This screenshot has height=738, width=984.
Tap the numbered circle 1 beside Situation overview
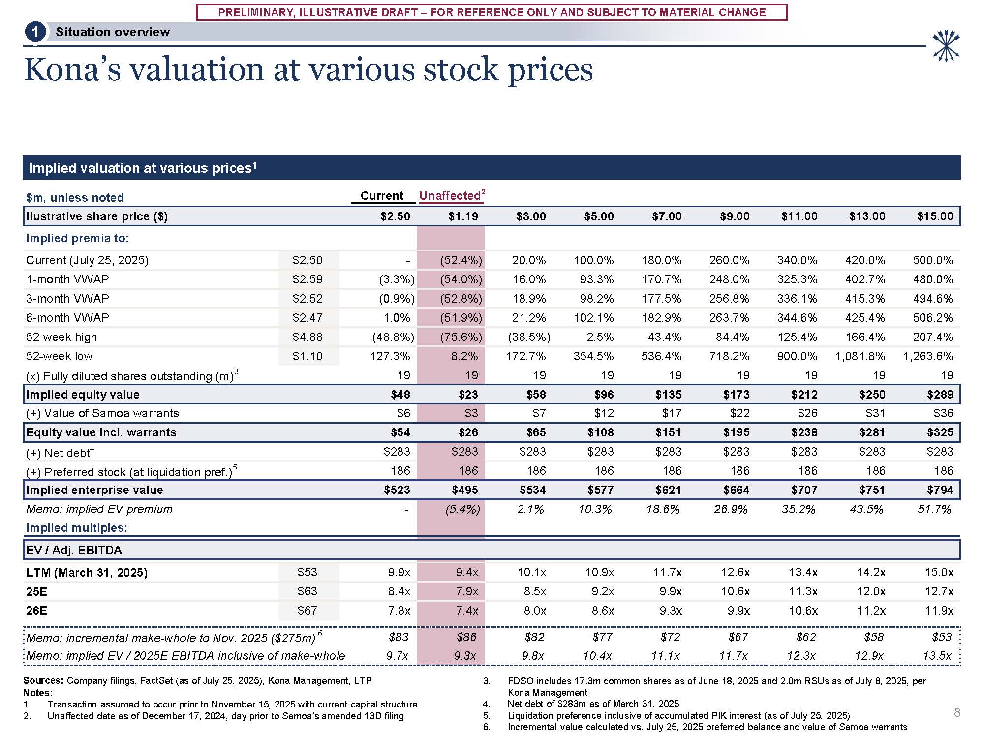pyautogui.click(x=35, y=32)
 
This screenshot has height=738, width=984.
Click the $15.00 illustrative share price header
pyautogui.click(x=935, y=216)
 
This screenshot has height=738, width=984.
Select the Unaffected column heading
pyautogui.click(x=450, y=196)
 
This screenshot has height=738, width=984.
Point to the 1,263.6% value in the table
pyautogui.click(x=928, y=356)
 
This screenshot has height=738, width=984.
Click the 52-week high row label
pyautogui.click(x=61, y=337)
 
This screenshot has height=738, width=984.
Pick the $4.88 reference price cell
pyautogui.click(x=307, y=337)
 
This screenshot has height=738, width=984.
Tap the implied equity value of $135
pyautogui.click(x=669, y=395)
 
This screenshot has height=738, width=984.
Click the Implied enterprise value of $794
pyautogui.click(x=940, y=490)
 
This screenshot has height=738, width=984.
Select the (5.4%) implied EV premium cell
pyautogui.click(x=462, y=509)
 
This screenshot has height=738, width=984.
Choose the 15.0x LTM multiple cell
pyautogui.click(x=939, y=573)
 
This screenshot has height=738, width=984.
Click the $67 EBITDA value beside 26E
pyautogui.click(x=307, y=611)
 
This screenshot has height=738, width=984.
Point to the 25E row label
pyautogui.click(x=36, y=591)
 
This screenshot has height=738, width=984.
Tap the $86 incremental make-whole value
pyautogui.click(x=466, y=637)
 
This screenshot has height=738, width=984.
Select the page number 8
pyautogui.click(x=957, y=712)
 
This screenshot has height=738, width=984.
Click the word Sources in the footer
pyautogui.click(x=43, y=681)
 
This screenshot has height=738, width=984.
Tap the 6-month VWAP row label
pyautogui.click(x=67, y=318)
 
